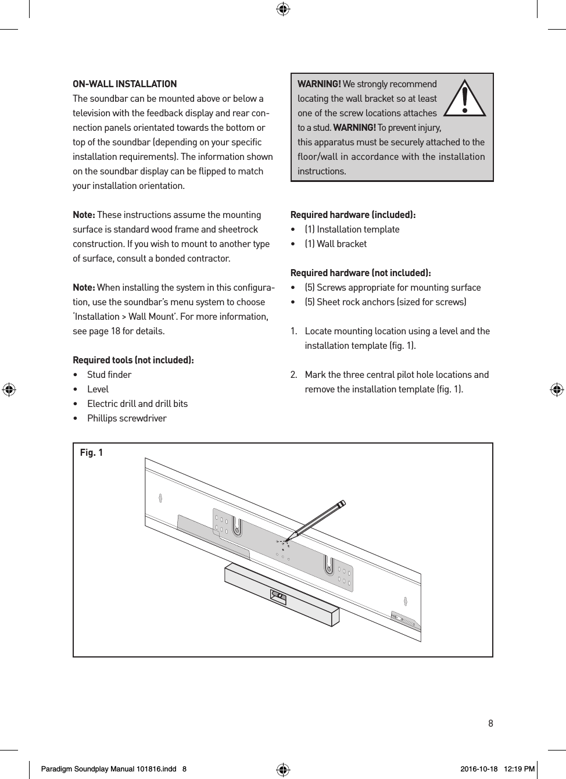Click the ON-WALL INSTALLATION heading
click(124, 84)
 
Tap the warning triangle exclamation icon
click(464, 98)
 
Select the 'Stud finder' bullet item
click(109, 374)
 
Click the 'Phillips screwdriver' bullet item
click(127, 418)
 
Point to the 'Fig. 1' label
click(91, 452)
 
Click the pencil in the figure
click(318, 518)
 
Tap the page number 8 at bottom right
click(490, 723)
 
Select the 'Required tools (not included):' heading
click(133, 360)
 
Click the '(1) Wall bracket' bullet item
click(335, 244)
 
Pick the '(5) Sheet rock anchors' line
click(385, 302)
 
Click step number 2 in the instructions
click(294, 374)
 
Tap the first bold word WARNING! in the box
click(319, 84)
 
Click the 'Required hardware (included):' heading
click(353, 215)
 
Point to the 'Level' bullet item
click(98, 389)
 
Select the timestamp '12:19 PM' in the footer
click(519, 769)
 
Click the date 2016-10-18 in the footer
click(479, 769)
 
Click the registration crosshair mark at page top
click(283, 9)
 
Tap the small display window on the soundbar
click(278, 596)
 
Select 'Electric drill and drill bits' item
click(137, 403)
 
